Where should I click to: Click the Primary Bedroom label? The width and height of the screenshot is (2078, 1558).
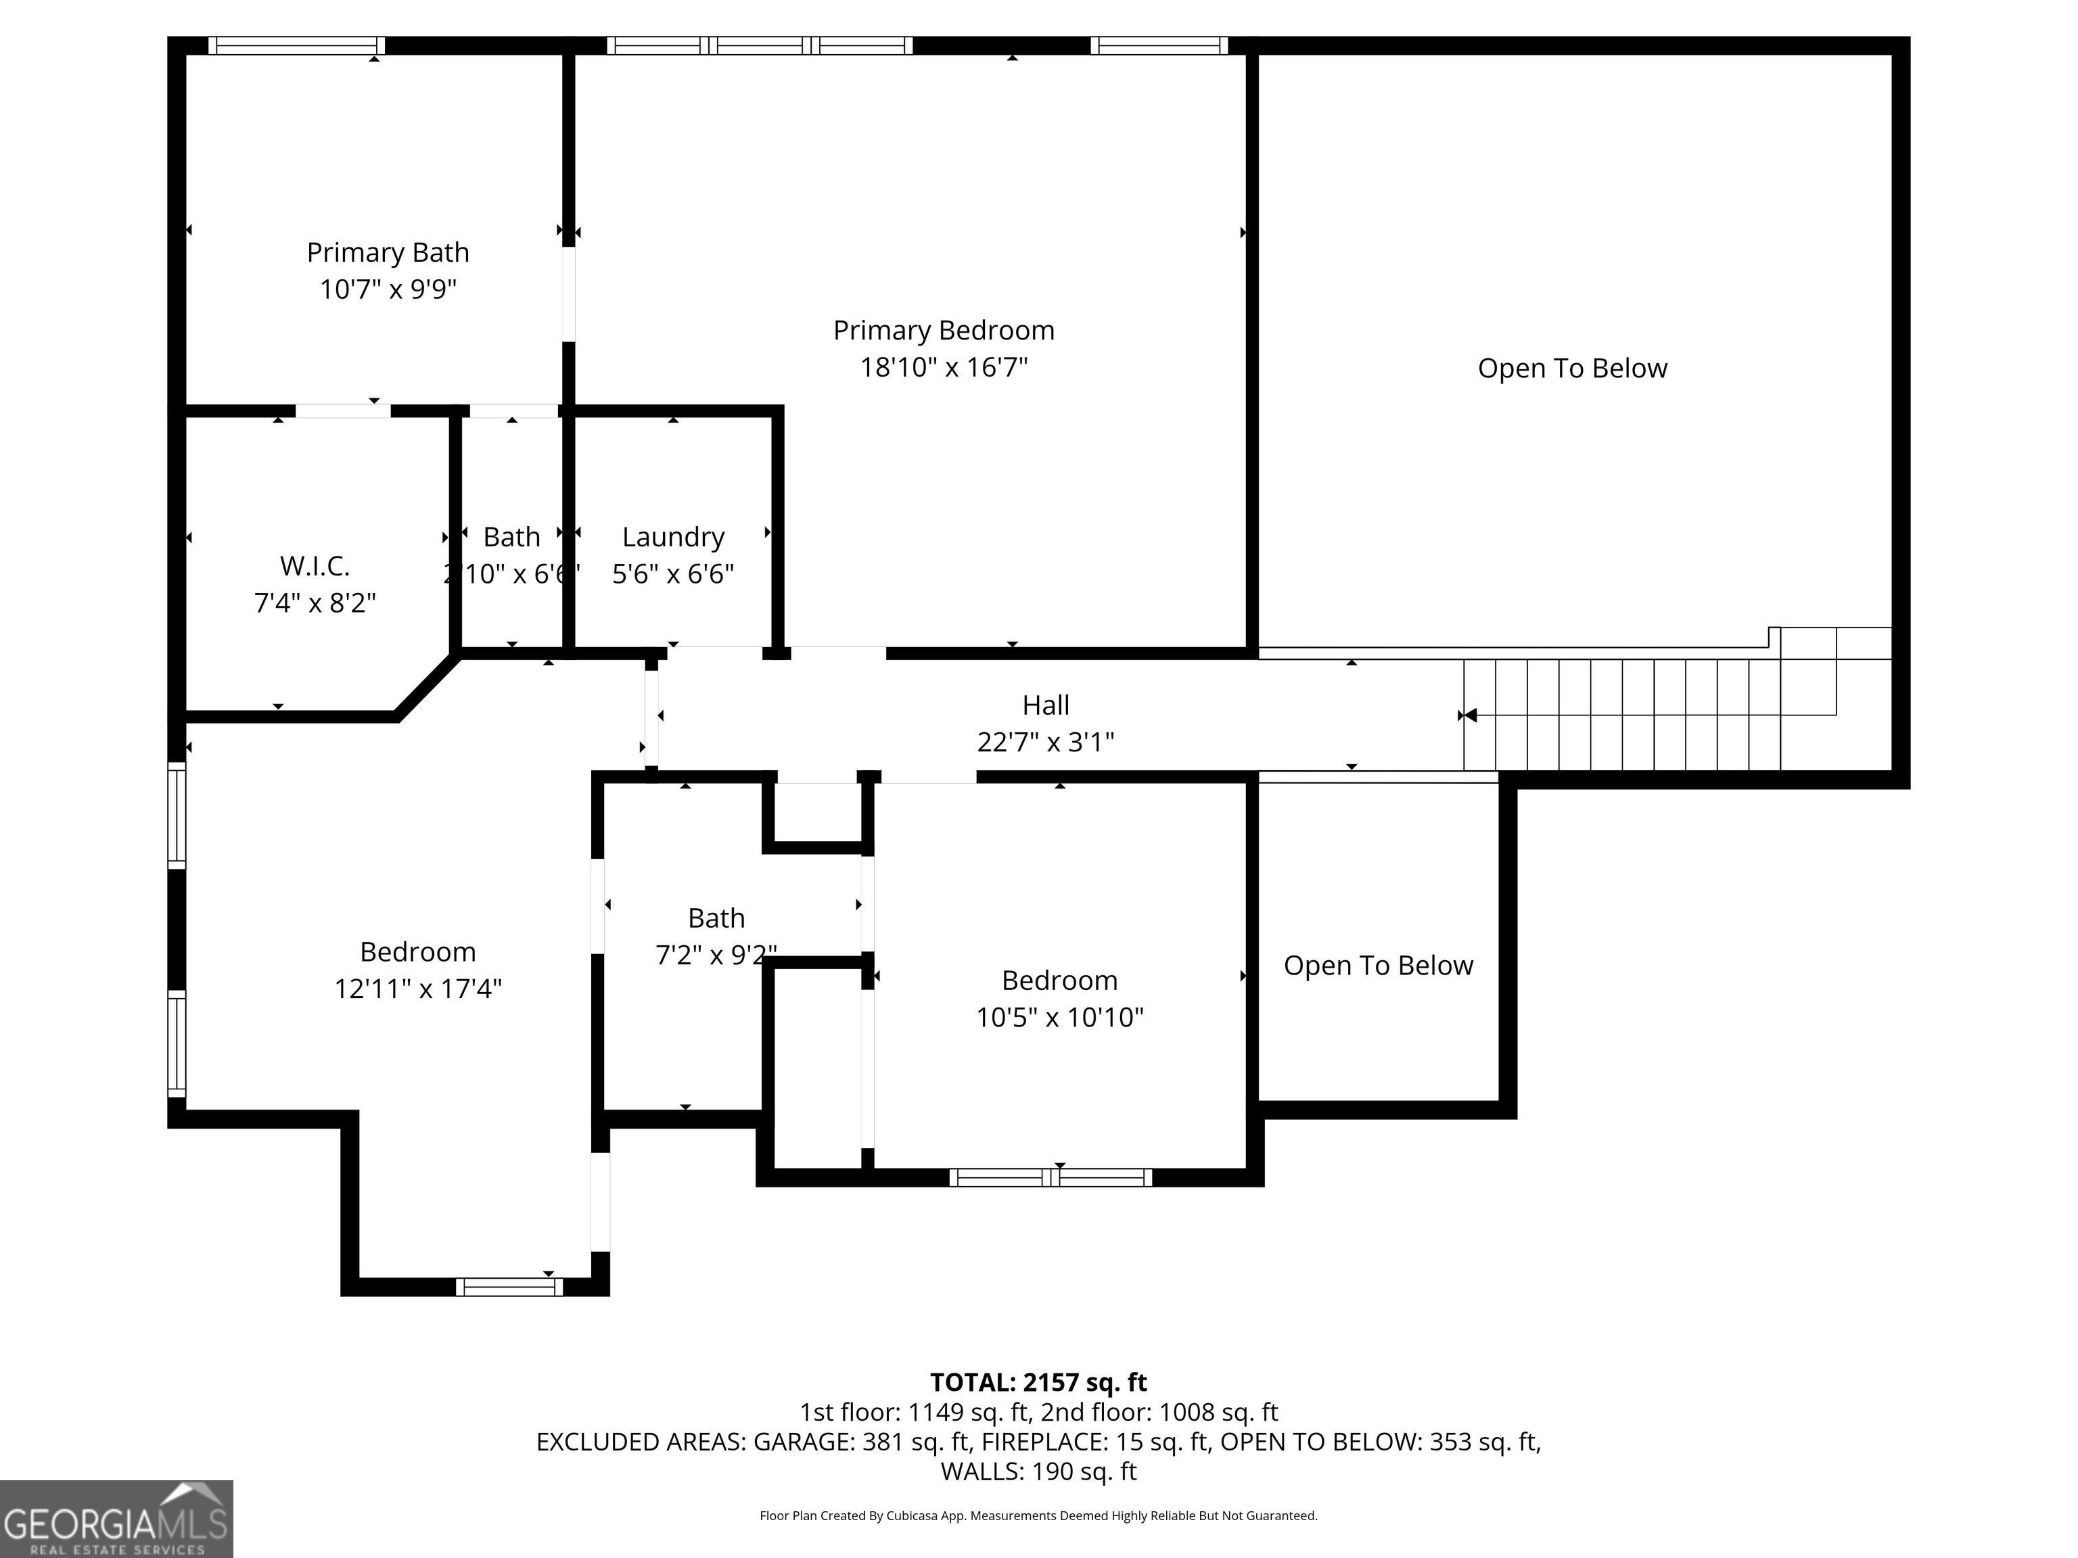(x=944, y=331)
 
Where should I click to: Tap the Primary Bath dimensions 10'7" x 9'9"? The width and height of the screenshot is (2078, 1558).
(x=388, y=289)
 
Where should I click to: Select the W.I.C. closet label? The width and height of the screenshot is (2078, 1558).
(x=315, y=566)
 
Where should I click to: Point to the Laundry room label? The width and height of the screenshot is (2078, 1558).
(x=674, y=537)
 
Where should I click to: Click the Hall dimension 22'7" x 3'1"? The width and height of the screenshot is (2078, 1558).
(x=1046, y=742)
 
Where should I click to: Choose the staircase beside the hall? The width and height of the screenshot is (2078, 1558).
(x=1677, y=699)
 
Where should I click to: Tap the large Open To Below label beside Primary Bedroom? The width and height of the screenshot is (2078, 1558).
(x=1573, y=368)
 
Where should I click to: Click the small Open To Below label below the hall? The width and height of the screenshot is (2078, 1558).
(x=1378, y=966)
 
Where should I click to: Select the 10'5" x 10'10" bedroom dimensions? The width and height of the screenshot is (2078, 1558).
(x=1060, y=1017)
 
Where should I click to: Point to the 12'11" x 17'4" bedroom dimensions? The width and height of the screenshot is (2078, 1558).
(x=418, y=989)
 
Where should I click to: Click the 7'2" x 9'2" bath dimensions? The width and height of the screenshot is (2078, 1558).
(x=716, y=955)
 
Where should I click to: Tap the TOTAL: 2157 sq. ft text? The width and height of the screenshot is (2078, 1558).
(x=1038, y=1382)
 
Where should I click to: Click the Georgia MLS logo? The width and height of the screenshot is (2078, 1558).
(x=116, y=1519)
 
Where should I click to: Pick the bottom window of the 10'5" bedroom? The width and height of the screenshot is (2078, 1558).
(x=1050, y=1178)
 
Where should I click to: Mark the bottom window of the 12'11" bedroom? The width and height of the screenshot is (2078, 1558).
(x=509, y=1287)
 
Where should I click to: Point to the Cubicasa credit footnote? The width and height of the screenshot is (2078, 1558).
(x=1038, y=1516)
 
